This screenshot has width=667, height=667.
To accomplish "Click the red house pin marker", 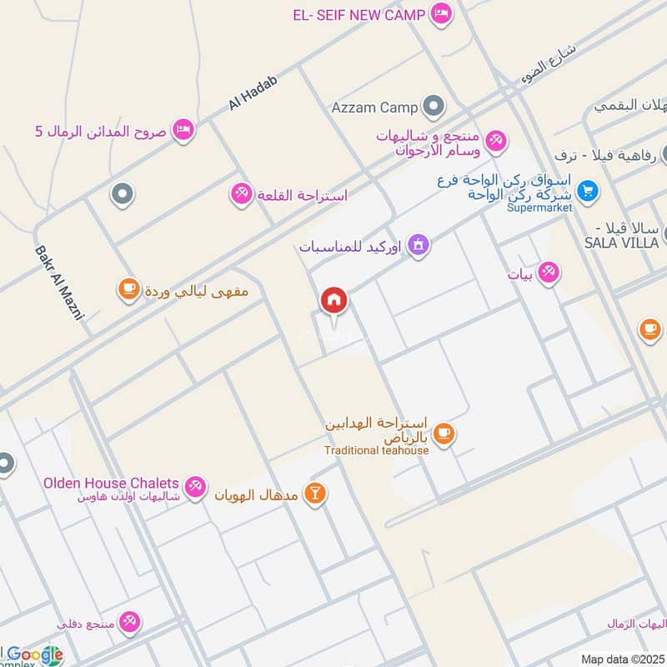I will (x=334, y=301).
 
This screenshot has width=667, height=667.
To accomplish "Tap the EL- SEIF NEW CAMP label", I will (x=359, y=14).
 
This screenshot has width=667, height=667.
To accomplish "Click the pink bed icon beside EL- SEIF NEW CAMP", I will (x=441, y=13).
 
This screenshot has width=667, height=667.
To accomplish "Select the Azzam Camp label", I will (x=374, y=108).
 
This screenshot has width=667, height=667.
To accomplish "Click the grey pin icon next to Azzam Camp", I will (x=433, y=107).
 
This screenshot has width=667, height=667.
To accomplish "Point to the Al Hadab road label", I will (x=252, y=92).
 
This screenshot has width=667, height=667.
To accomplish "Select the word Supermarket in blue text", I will (x=540, y=208).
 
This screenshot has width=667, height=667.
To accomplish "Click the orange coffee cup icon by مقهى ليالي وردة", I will (x=128, y=289).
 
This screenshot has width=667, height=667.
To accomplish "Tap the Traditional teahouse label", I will (x=377, y=451).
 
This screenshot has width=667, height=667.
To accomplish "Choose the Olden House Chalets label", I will (x=110, y=483).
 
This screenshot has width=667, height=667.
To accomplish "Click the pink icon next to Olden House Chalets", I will (x=195, y=486).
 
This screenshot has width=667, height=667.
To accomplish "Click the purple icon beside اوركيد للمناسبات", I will (x=419, y=247).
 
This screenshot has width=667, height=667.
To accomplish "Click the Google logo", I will (x=35, y=655).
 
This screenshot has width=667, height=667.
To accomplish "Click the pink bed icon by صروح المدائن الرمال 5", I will (x=183, y=130).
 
